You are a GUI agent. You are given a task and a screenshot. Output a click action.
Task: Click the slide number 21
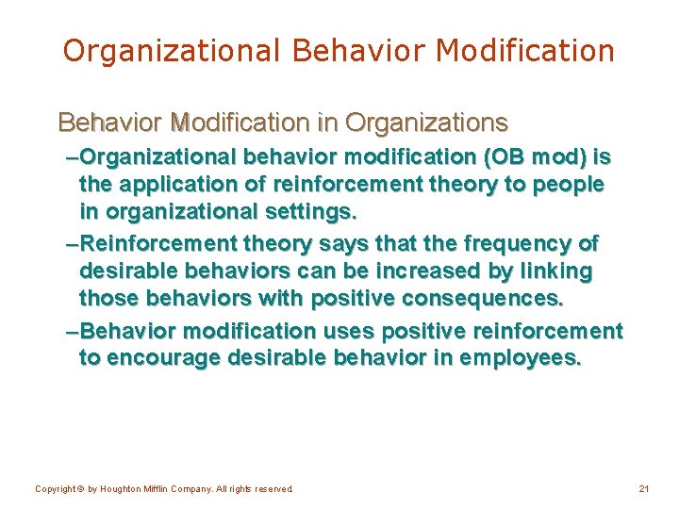click(644, 489)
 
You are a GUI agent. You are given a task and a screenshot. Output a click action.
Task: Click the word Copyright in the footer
click(55, 489)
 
